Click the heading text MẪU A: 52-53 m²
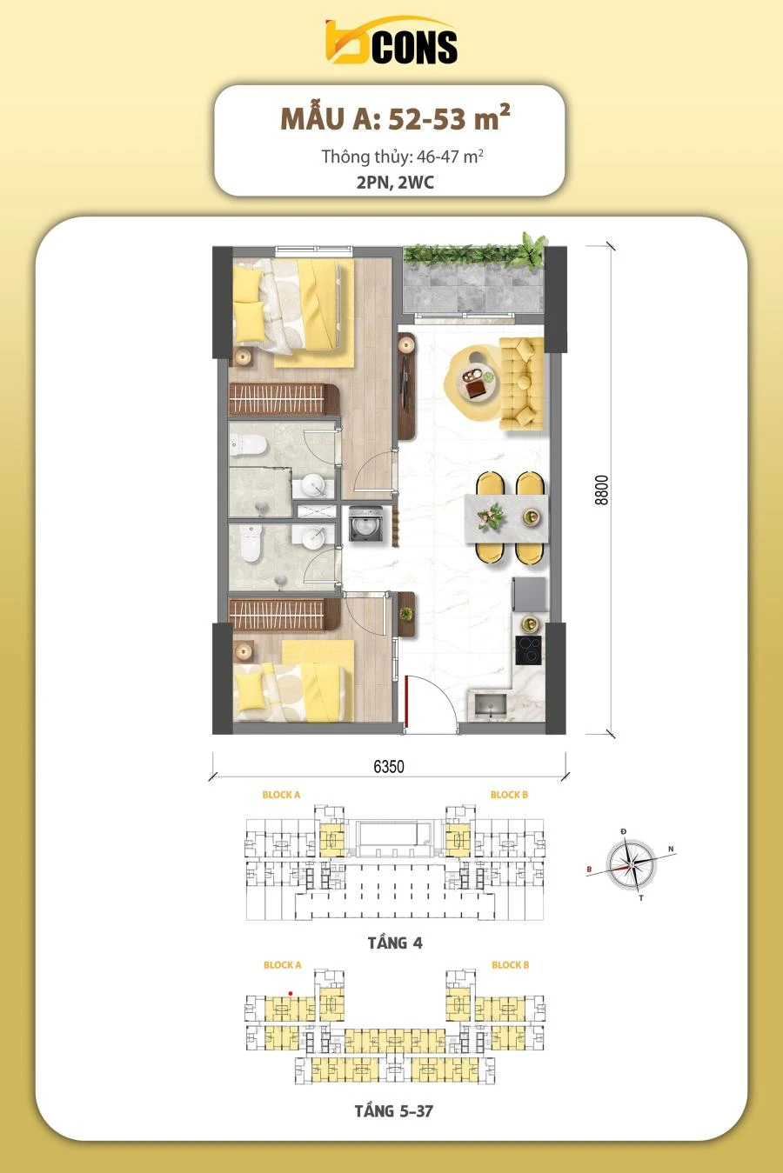tap(395, 118)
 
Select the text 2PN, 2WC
tap(395, 183)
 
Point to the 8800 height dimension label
tap(602, 490)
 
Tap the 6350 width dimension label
tap(389, 767)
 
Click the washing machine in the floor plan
tap(365, 523)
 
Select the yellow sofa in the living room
tap(521, 383)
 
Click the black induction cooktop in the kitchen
tap(528, 650)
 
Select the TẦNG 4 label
tap(395, 943)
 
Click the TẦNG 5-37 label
tap(394, 1110)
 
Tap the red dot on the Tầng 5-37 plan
tap(291, 993)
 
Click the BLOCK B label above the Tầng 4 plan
tap(509, 795)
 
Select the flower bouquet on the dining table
tap(492, 516)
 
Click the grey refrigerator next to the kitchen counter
tap(530, 595)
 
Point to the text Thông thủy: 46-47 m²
tap(402, 156)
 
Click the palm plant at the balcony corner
tap(533, 250)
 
